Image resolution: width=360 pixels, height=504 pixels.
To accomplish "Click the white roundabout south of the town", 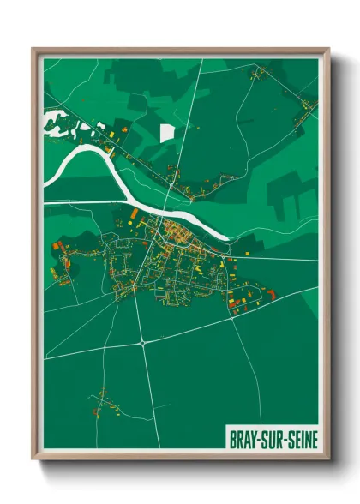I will (141, 342).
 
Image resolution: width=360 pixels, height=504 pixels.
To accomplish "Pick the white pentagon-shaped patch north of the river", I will (167, 133).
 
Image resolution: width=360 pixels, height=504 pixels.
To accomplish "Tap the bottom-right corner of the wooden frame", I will (328, 459).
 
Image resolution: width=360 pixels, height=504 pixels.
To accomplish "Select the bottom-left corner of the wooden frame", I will (33, 459).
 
